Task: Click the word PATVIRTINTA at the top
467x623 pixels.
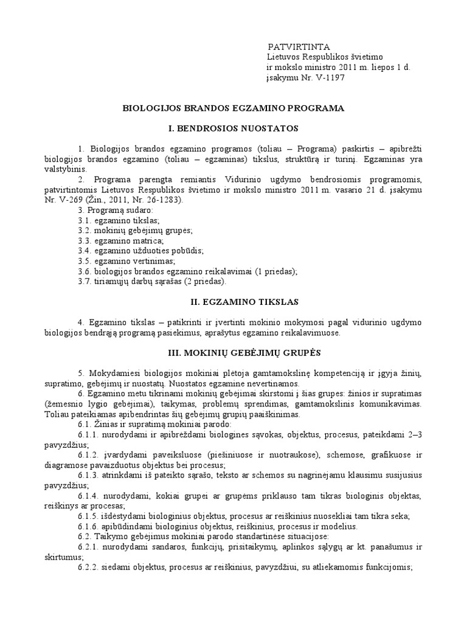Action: [299, 47]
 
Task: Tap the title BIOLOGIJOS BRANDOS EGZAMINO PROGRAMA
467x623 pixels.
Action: [233, 108]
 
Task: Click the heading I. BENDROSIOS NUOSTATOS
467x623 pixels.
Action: [233, 128]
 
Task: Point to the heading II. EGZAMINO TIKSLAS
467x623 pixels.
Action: [233, 301]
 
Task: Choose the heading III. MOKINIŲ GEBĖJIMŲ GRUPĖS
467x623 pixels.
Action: [233, 352]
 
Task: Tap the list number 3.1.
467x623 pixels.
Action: [85, 220]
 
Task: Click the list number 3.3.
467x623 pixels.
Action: [85, 240]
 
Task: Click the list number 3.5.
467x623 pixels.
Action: [85, 261]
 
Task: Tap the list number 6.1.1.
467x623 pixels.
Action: [89, 435]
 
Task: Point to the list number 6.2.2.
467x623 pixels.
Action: [89, 568]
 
